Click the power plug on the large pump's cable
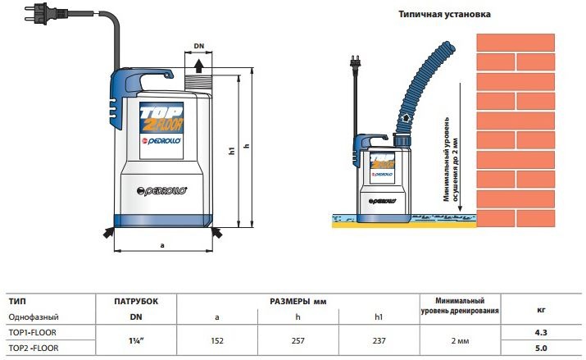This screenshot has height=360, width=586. tap(40, 15)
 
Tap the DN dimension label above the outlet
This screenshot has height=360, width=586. tap(199, 46)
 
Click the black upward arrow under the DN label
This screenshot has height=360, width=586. tap(199, 66)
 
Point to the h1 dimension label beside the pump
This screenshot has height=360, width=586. tap(232, 151)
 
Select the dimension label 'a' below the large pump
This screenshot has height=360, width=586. tap(162, 246)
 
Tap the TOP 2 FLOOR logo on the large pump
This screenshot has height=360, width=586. tap(161, 118)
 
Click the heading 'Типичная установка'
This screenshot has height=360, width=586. tap(444, 14)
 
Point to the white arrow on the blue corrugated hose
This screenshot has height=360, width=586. tap(404, 119)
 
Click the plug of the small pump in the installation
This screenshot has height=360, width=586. tap(355, 62)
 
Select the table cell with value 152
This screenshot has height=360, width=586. tap(217, 340)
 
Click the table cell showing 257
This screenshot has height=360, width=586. tap(298, 340)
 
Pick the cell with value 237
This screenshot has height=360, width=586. tap(379, 340)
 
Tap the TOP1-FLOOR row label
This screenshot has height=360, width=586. tap(33, 332)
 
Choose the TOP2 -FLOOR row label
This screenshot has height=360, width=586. tap(34, 348)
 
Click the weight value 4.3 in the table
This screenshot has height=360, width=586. tap(541, 332)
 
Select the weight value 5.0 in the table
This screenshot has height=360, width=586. tap(541, 348)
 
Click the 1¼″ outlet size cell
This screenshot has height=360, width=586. tap(136, 340)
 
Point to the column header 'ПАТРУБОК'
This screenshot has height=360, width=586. tap(136, 301)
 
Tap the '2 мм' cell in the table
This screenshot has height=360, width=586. tap(460, 341)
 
